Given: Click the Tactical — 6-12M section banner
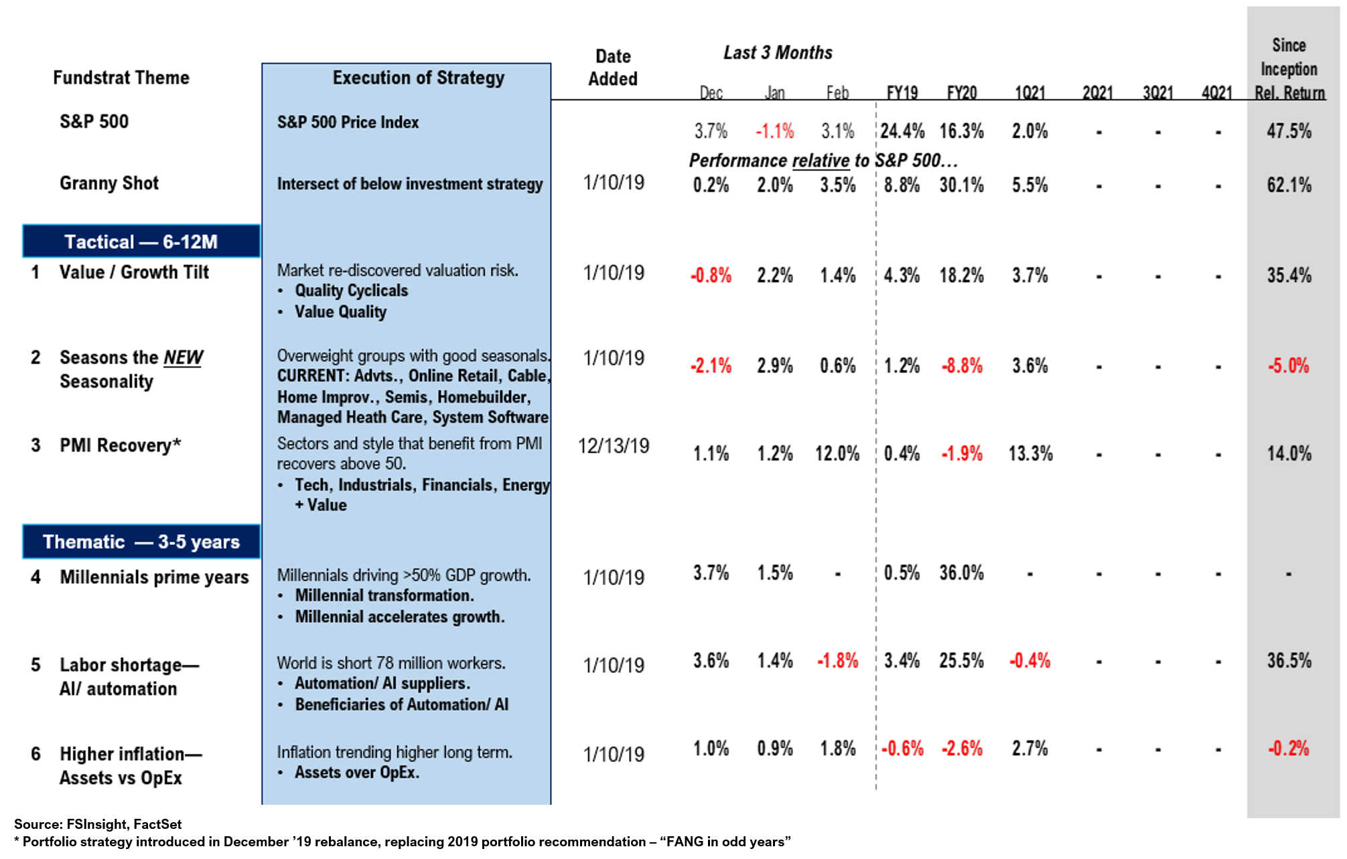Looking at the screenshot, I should click(141, 242).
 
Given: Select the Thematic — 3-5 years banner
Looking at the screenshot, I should click(141, 542).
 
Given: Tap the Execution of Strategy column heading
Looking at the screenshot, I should click(418, 78).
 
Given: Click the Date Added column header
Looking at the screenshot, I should click(613, 68).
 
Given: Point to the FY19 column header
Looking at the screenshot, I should click(902, 92).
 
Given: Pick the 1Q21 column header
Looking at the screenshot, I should click(1030, 92).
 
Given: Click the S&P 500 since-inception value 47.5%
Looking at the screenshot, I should click(1289, 131).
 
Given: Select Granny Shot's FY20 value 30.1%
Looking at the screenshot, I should click(961, 185).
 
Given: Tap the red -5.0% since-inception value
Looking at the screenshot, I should click(1288, 366).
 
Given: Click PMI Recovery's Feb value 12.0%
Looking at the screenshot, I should click(837, 453).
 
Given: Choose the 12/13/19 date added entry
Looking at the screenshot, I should click(614, 446).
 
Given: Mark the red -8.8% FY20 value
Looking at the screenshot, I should click(962, 366).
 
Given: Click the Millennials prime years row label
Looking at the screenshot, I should click(154, 577).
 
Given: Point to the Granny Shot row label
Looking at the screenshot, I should click(109, 183).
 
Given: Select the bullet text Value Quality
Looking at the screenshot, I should click(340, 312).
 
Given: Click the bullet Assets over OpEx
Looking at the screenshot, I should click(357, 773).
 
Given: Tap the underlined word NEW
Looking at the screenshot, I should click(183, 358).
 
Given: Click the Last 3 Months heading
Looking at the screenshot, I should click(778, 53).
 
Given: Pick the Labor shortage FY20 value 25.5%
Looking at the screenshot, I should click(961, 661).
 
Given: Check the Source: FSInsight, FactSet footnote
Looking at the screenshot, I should click(98, 824).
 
